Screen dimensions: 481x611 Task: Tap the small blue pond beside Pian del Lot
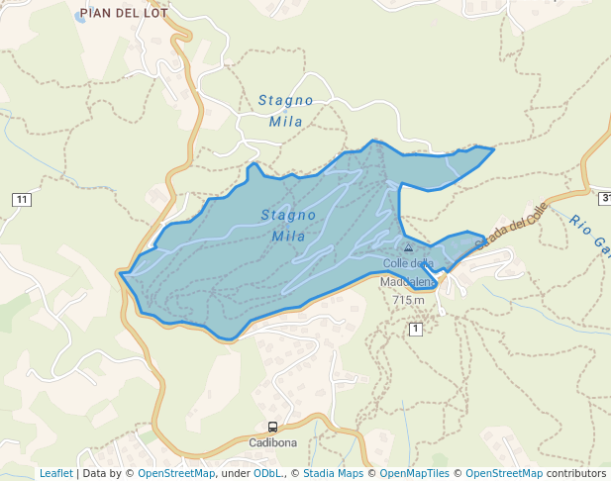(x=81, y=18)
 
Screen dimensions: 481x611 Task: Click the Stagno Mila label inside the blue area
(x=288, y=225)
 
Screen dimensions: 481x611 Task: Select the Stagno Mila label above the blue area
(x=286, y=111)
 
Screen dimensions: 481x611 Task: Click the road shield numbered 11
(x=22, y=200)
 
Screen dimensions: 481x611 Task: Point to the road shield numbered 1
(x=416, y=329)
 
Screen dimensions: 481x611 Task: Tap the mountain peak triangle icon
(x=408, y=247)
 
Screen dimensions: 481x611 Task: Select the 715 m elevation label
(x=408, y=300)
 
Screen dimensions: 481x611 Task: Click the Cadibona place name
(x=273, y=441)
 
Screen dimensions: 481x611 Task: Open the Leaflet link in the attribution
(x=55, y=473)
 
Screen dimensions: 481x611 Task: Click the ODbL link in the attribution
(x=268, y=473)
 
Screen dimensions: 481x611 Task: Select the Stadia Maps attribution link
(x=333, y=473)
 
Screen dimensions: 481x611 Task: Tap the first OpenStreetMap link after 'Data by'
(x=176, y=473)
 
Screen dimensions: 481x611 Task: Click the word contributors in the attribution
(x=576, y=473)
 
